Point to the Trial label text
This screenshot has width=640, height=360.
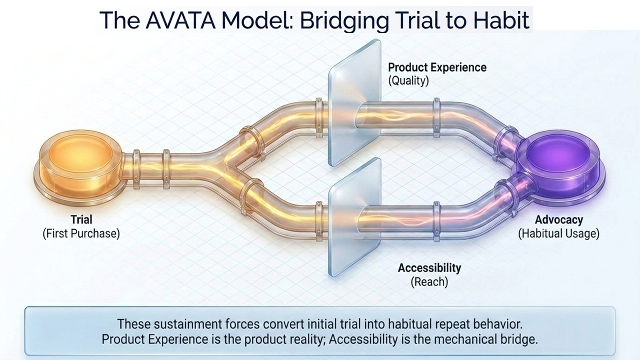pyautogui.click(x=81, y=219)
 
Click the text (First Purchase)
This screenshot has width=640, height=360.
pyautogui.click(x=81, y=233)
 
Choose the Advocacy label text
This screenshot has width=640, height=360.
pyautogui.click(x=559, y=219)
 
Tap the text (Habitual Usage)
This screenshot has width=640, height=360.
pyautogui.click(x=558, y=233)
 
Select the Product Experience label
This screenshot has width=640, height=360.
pyautogui.click(x=437, y=67)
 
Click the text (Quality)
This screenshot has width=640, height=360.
pyautogui.click(x=408, y=80)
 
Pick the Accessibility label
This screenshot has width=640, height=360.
pyautogui.click(x=429, y=268)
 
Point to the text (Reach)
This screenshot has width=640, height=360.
pyautogui.click(x=429, y=281)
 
